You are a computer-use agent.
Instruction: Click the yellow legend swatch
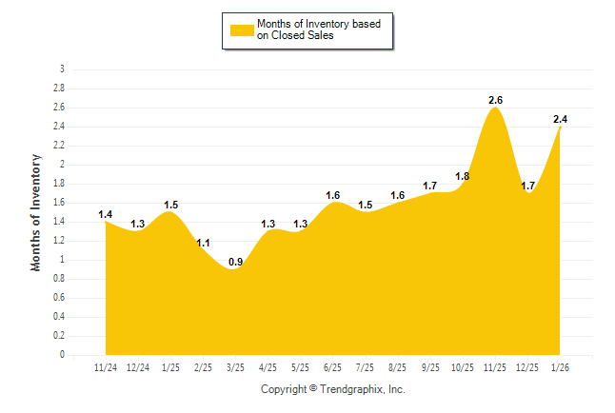point(241,30)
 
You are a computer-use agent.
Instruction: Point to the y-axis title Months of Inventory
point(36,212)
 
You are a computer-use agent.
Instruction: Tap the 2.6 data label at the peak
point(496,100)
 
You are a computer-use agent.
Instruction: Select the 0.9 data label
point(234,262)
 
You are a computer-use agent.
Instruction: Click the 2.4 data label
point(561,119)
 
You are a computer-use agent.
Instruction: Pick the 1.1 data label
point(203,243)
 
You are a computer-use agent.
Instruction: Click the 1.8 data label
point(463,176)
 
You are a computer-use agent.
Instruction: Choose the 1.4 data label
point(106,214)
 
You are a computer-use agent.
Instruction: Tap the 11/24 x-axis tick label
point(106,366)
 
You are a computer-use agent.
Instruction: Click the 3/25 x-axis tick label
point(235,366)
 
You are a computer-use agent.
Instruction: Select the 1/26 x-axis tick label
point(560,366)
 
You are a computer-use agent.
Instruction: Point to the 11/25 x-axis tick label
point(495,366)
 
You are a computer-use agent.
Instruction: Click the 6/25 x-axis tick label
point(333,366)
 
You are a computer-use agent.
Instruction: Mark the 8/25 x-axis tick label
point(398,366)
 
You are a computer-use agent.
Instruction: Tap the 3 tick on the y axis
point(62,69)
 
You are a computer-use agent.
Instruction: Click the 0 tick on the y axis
point(62,355)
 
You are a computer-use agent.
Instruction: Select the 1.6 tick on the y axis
point(59,203)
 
